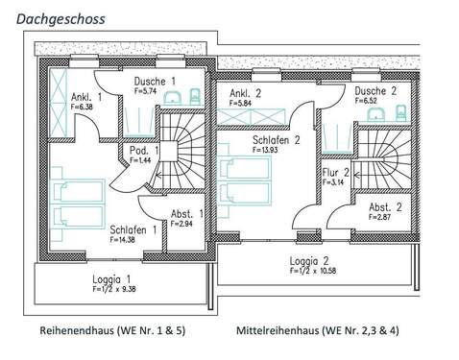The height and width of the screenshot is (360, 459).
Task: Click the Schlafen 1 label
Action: (133, 229)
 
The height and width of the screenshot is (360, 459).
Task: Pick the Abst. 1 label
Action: (186, 213)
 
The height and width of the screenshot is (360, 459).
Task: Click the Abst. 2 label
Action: (385, 206)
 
